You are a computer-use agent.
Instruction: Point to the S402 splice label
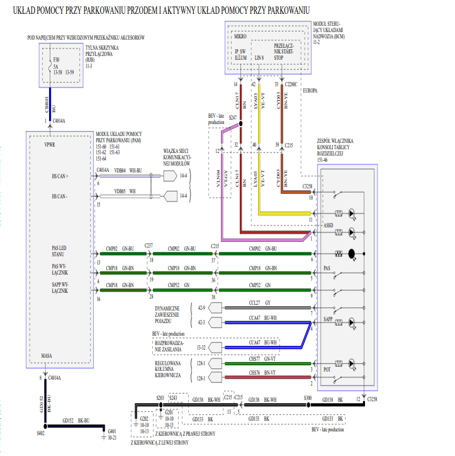click(40, 433)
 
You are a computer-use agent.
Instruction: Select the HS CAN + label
click(64, 177)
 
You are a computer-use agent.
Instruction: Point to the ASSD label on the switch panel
click(327, 224)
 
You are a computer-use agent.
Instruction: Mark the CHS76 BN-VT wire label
click(263, 373)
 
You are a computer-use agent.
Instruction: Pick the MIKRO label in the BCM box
click(240, 37)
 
